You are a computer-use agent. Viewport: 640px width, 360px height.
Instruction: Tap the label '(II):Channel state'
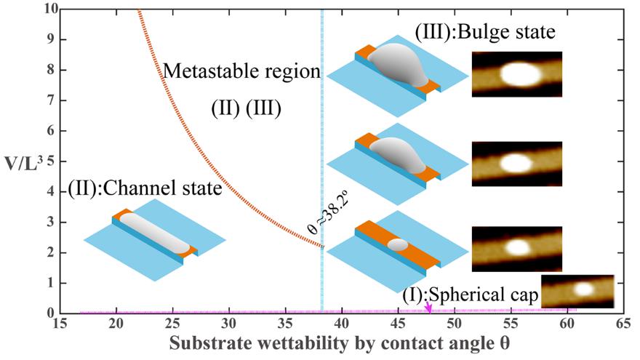click(143, 191)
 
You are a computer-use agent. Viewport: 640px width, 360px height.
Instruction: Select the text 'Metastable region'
click(241, 72)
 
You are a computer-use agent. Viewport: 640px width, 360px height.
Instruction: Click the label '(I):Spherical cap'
click(470, 295)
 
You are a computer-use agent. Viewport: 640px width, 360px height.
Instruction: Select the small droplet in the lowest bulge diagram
click(397, 244)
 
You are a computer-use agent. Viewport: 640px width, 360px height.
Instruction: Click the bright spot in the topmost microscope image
click(519, 74)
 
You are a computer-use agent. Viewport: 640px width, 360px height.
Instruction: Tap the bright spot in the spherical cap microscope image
click(584, 289)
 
